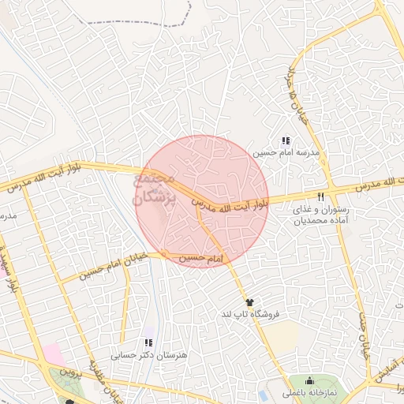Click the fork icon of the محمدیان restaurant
320,196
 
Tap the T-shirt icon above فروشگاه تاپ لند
250,302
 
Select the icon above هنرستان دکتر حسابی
148,343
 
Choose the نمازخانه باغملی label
309,392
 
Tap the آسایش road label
387,378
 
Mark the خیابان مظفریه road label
107,383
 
